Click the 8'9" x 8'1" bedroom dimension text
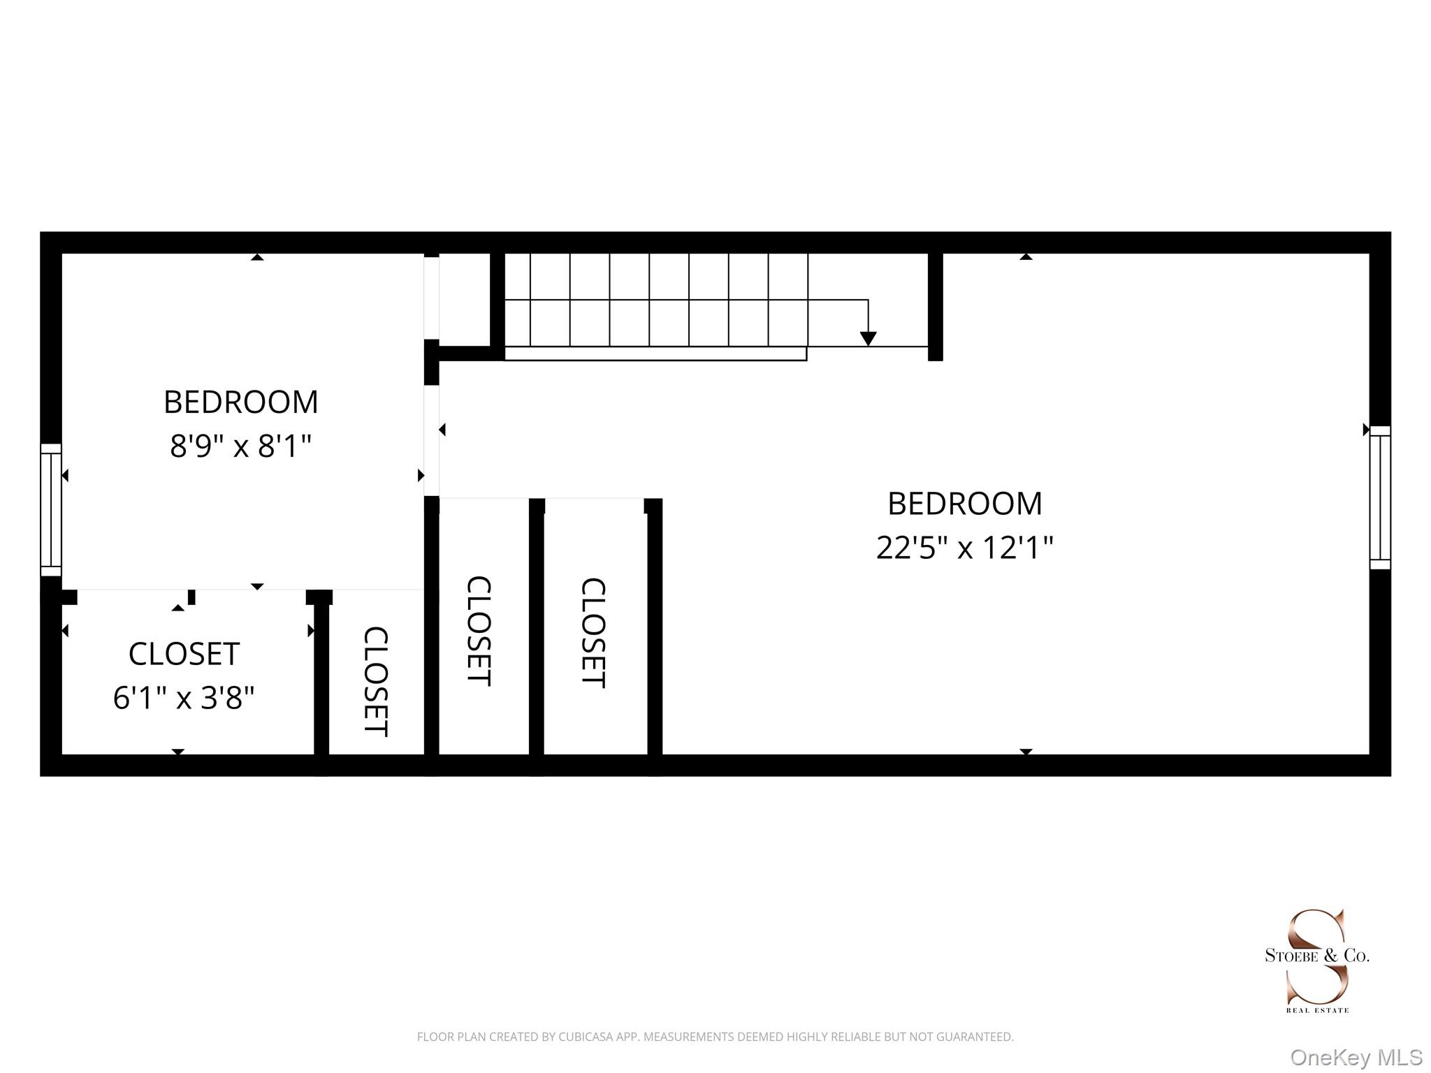click(240, 446)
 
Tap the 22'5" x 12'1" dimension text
click(964, 548)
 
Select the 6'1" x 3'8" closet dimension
click(184, 697)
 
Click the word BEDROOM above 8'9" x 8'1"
click(240, 402)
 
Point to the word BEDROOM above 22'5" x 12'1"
click(964, 504)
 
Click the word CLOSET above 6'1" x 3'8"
click(184, 655)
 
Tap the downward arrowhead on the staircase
click(868, 339)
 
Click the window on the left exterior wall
click(51, 509)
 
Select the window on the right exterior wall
click(1380, 497)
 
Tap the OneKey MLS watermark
click(1356, 1058)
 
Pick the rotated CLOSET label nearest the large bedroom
click(593, 632)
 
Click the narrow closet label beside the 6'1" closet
click(376, 681)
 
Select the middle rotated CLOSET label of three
click(479, 631)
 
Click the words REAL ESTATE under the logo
click(1317, 1010)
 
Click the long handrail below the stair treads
click(655, 353)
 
